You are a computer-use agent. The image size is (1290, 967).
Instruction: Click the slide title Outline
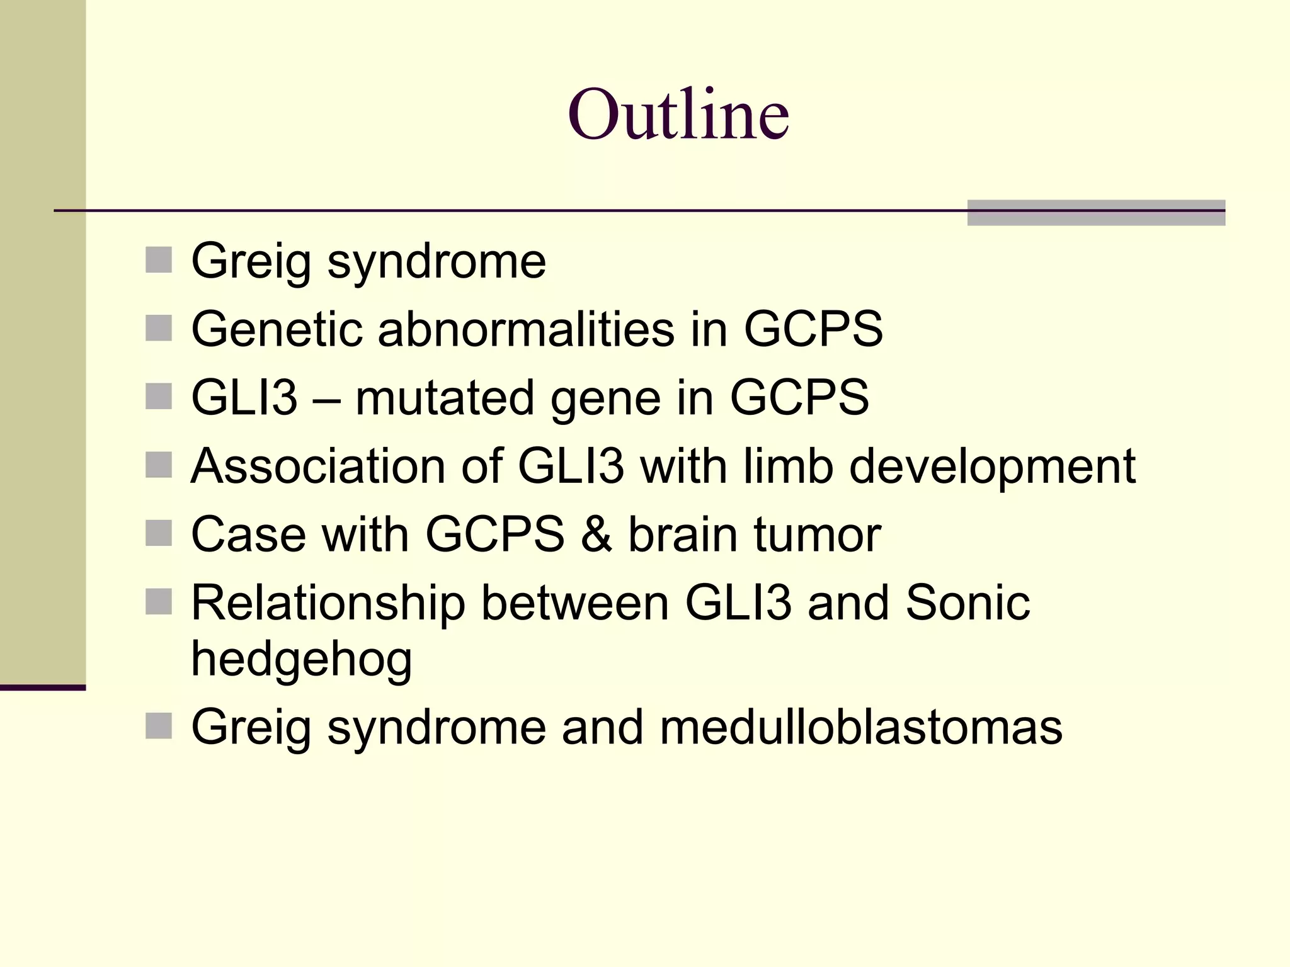[x=678, y=115]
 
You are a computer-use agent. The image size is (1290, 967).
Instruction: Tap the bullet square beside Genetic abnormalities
[x=159, y=328]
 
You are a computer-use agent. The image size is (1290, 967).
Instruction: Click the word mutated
[x=445, y=398]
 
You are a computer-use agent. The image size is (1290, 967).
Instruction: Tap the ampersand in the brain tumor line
[x=596, y=535]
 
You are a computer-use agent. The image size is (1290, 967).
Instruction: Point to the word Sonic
[x=967, y=603]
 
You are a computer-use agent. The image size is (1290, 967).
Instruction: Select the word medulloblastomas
[x=861, y=727]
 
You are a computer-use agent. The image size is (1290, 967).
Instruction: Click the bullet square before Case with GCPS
[x=159, y=533]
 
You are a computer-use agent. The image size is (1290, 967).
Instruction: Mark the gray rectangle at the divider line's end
[x=1096, y=213]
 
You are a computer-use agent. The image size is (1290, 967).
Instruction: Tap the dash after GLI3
[x=326, y=399]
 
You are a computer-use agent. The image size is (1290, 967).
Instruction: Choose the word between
[x=574, y=603]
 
